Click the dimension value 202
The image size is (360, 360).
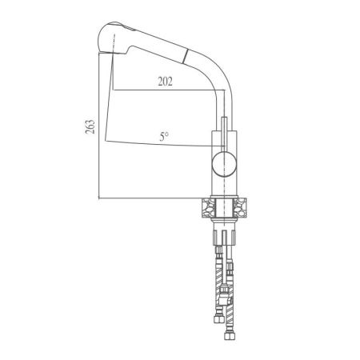[164, 81]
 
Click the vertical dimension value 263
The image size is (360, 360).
[90, 127]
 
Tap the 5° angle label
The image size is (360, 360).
[165, 136]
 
